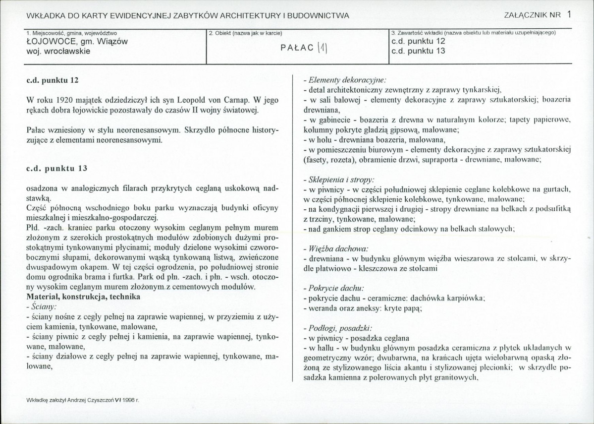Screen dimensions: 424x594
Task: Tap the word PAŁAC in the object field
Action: point(297,48)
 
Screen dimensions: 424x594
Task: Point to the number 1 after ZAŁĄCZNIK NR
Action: point(569,15)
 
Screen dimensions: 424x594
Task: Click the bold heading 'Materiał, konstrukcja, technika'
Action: point(84,297)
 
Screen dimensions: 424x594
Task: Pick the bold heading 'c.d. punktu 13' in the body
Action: point(56,168)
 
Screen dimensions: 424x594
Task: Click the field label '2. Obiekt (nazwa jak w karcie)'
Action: point(246,33)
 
